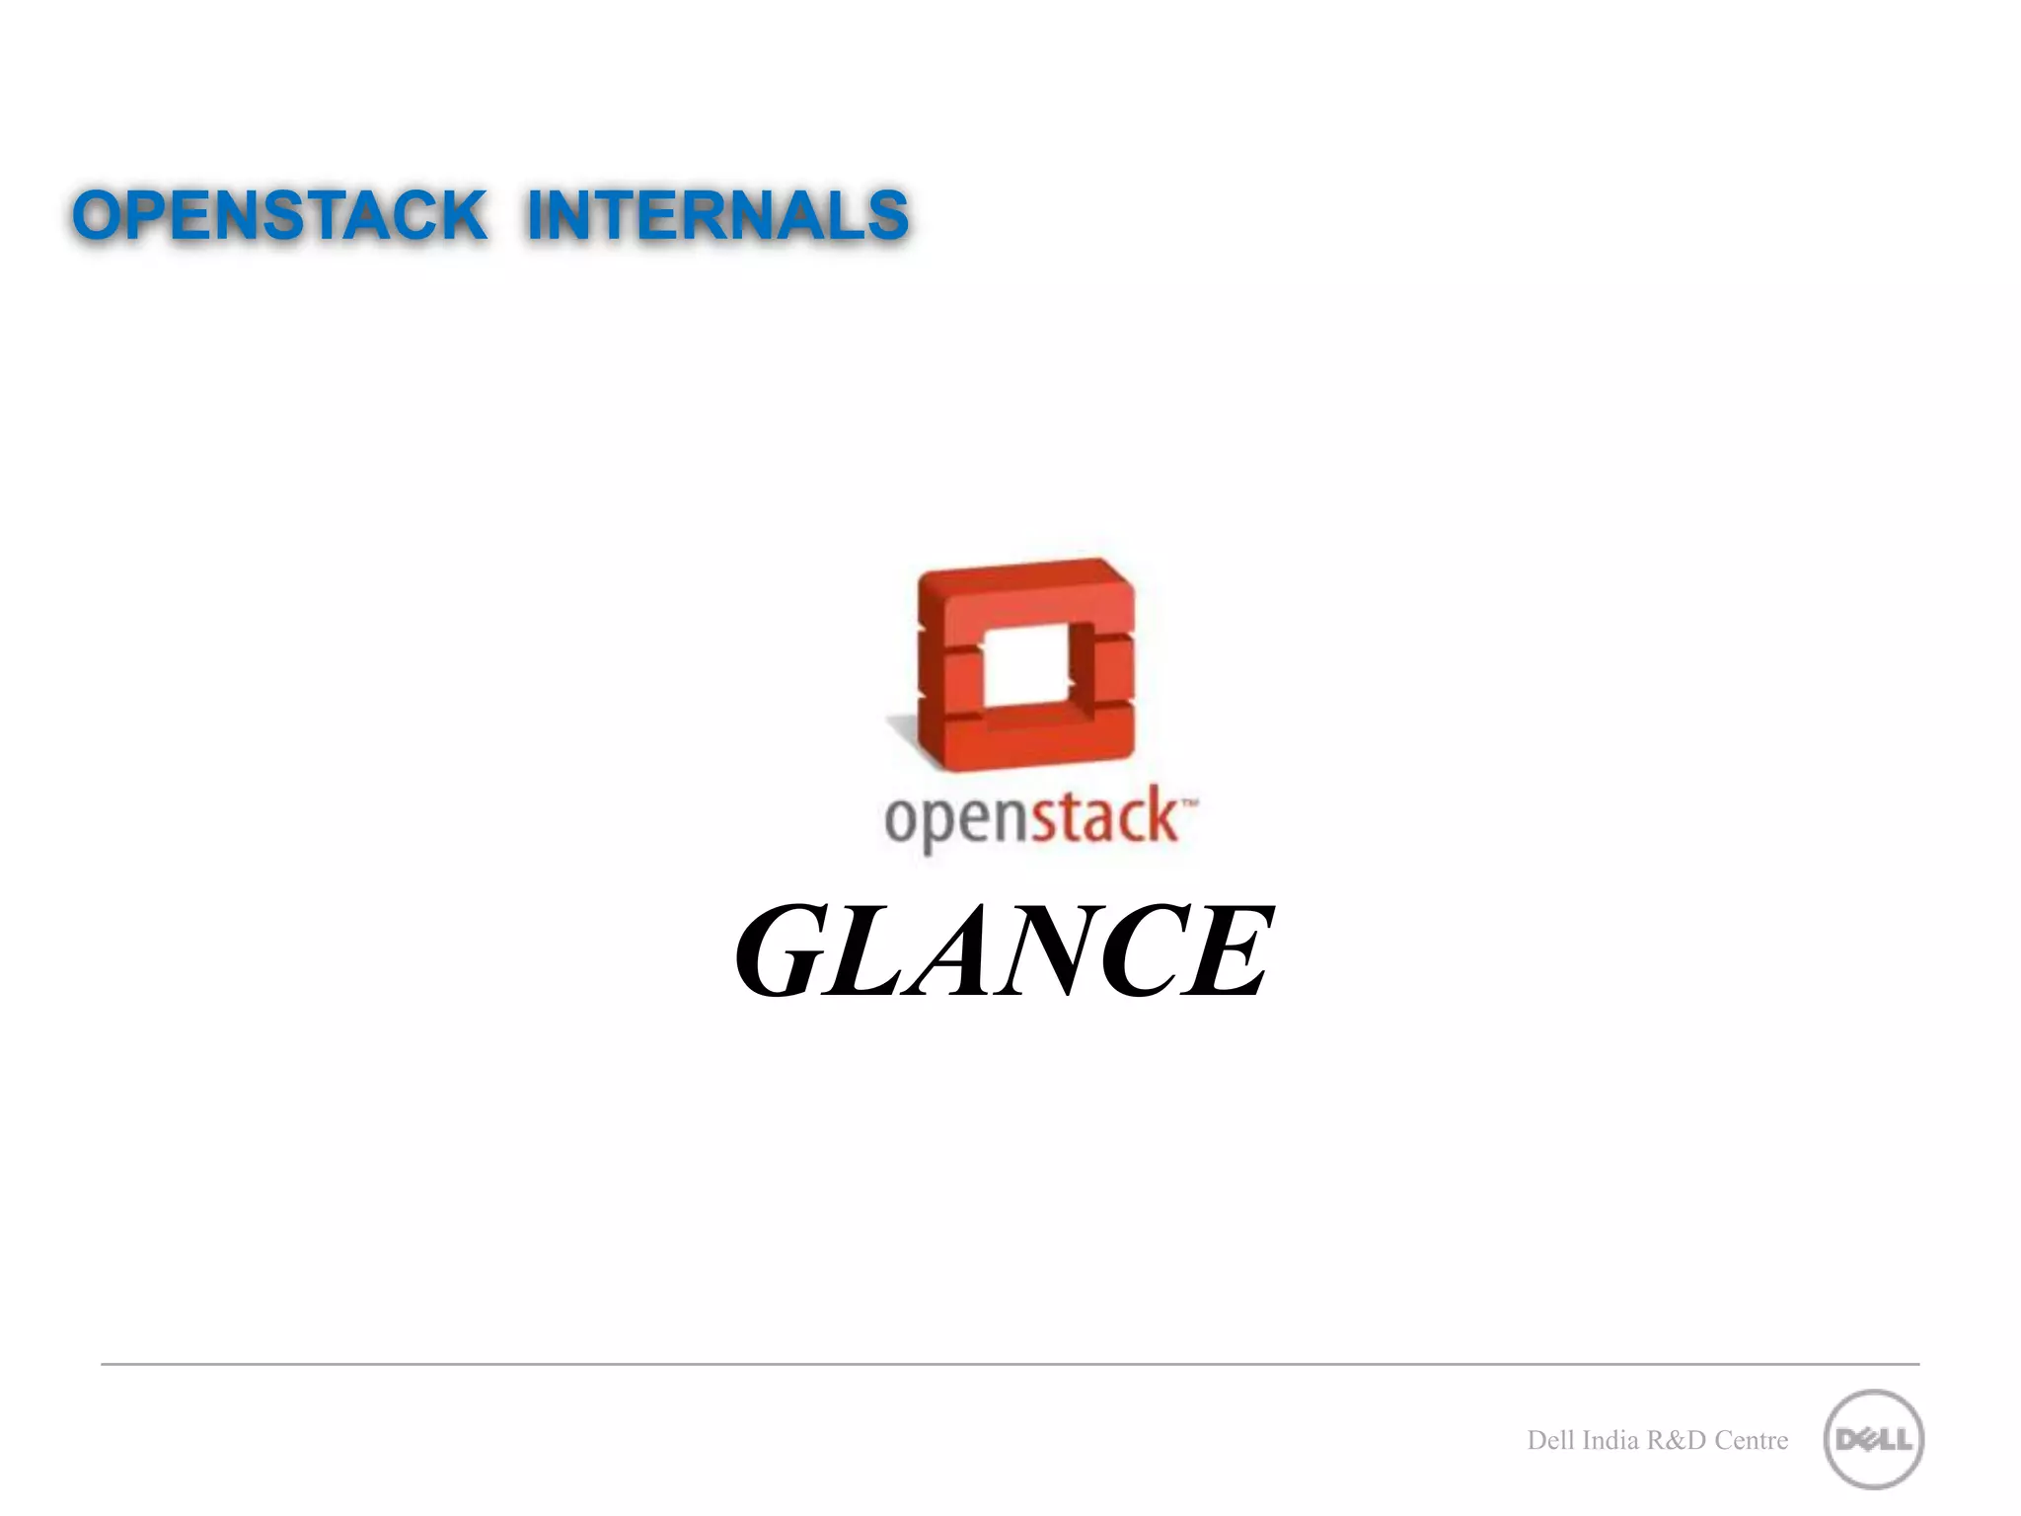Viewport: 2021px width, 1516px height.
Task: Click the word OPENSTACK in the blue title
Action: click(279, 215)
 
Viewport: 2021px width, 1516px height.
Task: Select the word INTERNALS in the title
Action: click(717, 215)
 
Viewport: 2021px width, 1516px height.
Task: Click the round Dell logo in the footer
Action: click(1873, 1439)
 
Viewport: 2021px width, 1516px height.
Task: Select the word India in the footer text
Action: click(1609, 1441)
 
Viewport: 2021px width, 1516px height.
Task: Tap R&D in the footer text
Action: click(1677, 1441)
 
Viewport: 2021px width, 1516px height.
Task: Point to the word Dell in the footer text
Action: click(1550, 1441)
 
